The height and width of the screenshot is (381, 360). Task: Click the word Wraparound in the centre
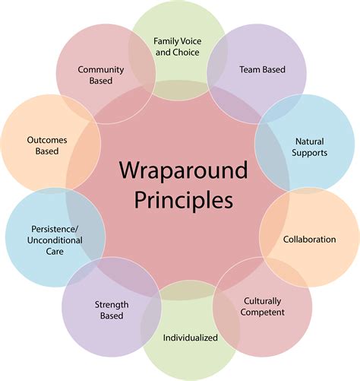click(x=183, y=170)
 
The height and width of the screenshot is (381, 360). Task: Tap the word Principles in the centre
click(x=183, y=200)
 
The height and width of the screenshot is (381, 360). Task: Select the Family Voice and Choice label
click(x=178, y=46)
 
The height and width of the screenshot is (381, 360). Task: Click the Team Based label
click(x=262, y=69)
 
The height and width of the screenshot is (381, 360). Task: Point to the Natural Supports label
click(x=309, y=147)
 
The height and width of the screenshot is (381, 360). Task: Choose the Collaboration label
click(x=309, y=240)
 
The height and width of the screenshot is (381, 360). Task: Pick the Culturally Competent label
click(x=262, y=306)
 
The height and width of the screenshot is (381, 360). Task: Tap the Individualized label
click(x=190, y=338)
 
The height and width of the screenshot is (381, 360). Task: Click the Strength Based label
click(x=112, y=310)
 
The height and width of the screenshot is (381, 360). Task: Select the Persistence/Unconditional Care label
click(x=55, y=240)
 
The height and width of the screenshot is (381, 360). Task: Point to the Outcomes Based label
click(x=47, y=145)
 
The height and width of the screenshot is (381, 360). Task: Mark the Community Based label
click(x=101, y=75)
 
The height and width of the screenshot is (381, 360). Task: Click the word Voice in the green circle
click(x=190, y=41)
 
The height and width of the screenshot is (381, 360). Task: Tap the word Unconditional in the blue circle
click(x=55, y=240)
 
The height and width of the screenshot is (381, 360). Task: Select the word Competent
click(x=262, y=312)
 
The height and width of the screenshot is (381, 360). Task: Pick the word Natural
click(x=310, y=141)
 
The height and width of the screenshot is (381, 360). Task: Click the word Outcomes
click(x=47, y=140)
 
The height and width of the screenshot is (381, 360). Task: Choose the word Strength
click(x=112, y=305)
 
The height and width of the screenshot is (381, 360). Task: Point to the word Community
click(x=101, y=70)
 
